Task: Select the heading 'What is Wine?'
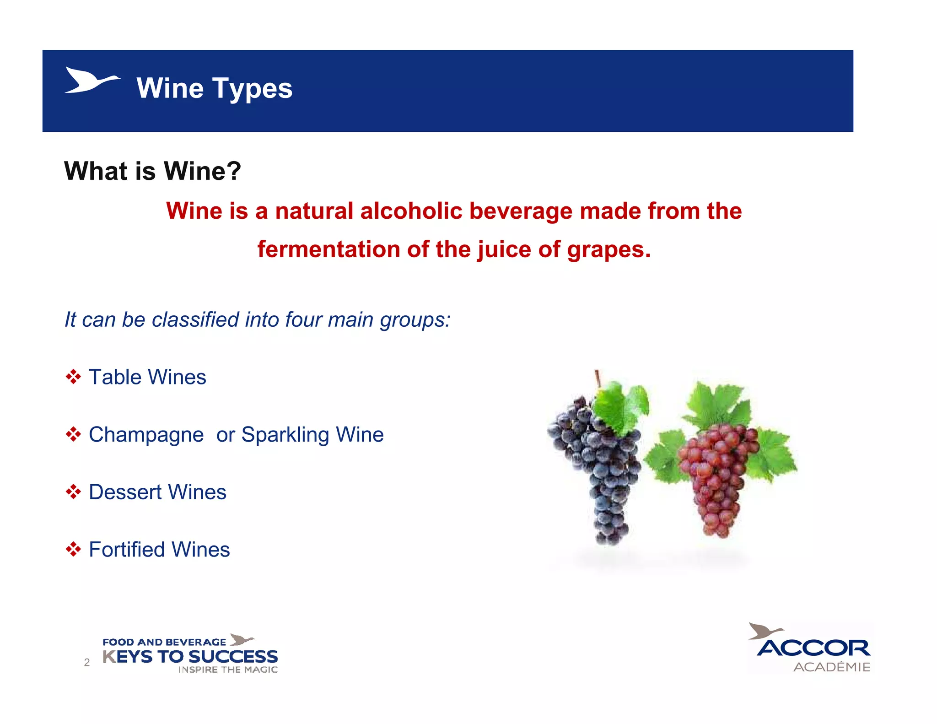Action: (x=152, y=171)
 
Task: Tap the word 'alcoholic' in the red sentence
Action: (x=411, y=211)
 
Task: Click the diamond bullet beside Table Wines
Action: (x=73, y=377)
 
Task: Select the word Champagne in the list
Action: (x=146, y=435)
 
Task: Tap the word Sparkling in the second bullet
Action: (x=285, y=435)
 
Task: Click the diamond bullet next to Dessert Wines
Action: (x=73, y=492)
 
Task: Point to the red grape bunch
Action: (x=716, y=476)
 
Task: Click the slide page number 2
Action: (x=87, y=662)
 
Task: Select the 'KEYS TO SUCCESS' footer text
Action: (x=190, y=657)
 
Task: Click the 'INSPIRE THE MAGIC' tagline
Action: (x=228, y=670)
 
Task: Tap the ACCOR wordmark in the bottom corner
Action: (x=813, y=648)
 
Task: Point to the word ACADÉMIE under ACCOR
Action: (x=832, y=667)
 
